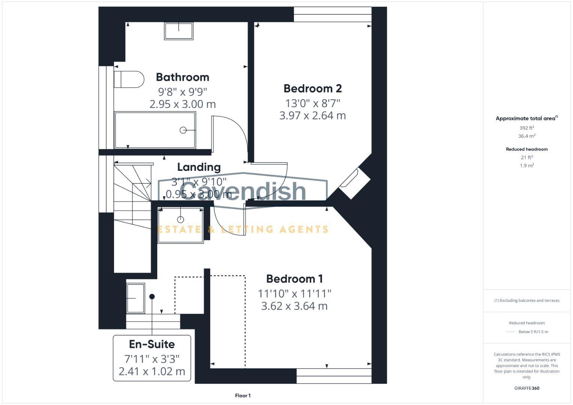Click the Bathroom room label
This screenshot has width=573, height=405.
pyautogui.click(x=182, y=77)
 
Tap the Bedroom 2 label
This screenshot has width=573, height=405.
pyautogui.click(x=313, y=88)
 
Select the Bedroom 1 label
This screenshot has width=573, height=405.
pyautogui.click(x=294, y=279)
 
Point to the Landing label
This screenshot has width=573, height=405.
pyautogui.click(x=199, y=167)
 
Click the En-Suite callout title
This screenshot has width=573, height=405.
pyautogui.click(x=152, y=344)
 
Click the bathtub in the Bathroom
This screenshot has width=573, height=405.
pyautogui.click(x=155, y=130)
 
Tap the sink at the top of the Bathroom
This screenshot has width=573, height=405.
pyautogui.click(x=179, y=31)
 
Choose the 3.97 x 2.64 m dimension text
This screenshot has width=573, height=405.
pyautogui.click(x=313, y=115)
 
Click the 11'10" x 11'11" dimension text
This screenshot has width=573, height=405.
pyautogui.click(x=294, y=293)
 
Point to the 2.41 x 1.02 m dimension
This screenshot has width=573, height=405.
pyautogui.click(x=152, y=371)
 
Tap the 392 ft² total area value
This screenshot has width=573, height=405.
pyautogui.click(x=527, y=128)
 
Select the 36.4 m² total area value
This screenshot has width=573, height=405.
pyautogui.click(x=527, y=136)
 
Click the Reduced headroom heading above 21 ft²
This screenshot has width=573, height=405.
pyautogui.click(x=527, y=149)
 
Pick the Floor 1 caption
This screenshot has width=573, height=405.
pyautogui.click(x=243, y=396)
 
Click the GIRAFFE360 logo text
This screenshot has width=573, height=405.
pyautogui.click(x=527, y=388)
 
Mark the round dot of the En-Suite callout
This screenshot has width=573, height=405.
pyautogui.click(x=152, y=297)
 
